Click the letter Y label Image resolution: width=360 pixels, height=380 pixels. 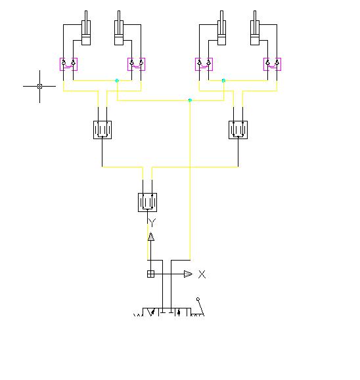152,222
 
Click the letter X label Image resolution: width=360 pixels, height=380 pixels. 202,274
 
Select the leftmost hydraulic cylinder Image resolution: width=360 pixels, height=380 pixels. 86,28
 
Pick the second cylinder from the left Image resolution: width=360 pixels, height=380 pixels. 119,28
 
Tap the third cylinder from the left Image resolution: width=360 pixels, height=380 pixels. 221,28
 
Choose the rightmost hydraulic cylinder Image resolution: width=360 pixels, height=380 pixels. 255,28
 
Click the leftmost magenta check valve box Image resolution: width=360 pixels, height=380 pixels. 69,64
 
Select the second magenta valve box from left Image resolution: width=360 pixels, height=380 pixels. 137,64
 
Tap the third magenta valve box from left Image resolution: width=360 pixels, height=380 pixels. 204,64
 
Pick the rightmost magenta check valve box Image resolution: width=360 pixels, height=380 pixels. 273,64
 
